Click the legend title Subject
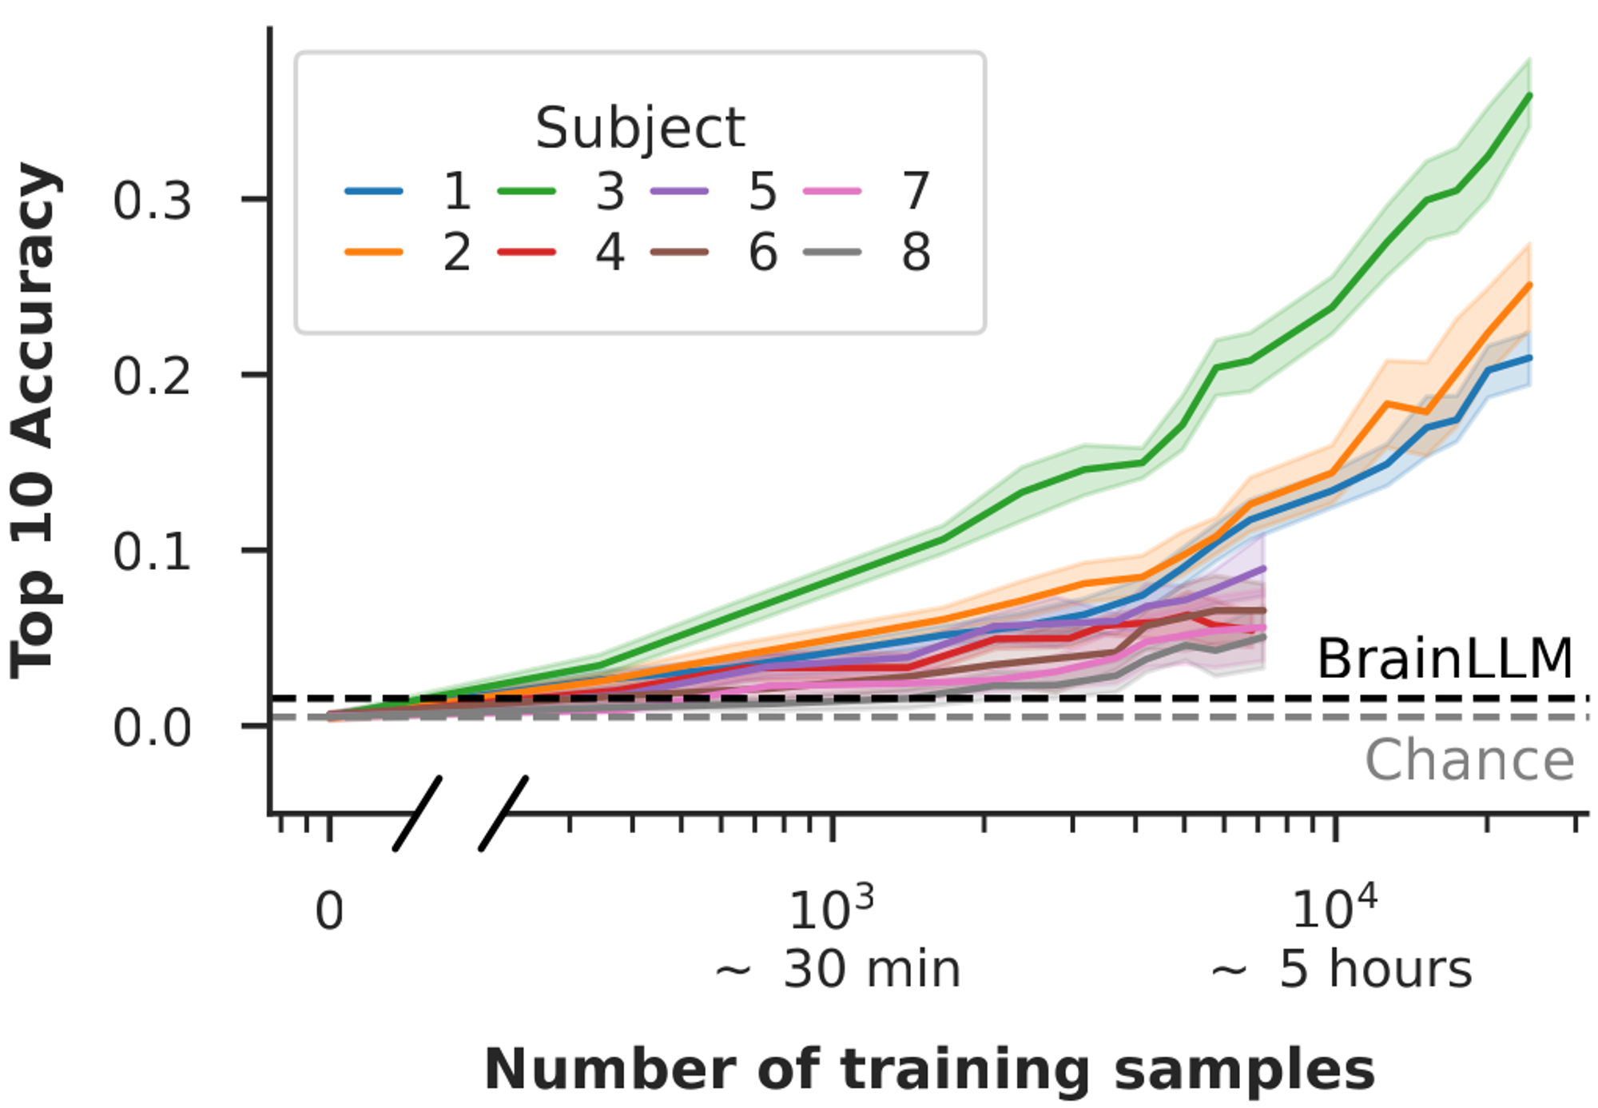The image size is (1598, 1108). pos(639,128)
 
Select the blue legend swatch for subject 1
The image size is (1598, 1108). pos(374,192)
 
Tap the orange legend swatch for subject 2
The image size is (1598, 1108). pos(374,253)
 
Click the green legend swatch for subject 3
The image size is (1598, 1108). pos(527,192)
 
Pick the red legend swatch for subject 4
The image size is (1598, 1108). pos(527,253)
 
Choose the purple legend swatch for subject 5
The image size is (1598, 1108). pos(679,192)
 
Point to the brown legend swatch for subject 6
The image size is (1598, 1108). pos(679,253)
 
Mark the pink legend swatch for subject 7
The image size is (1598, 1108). pos(832,192)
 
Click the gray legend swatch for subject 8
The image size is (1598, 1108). pos(832,253)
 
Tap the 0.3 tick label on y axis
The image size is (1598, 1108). pos(152,201)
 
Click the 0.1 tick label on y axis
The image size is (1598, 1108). pos(152,552)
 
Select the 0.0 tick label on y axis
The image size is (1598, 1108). pos(152,728)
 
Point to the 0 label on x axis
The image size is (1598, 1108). pos(329,911)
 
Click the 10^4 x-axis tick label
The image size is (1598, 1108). pos(1334,908)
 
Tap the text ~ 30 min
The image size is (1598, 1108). pos(837,970)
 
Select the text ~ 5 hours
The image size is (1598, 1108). pos(1341,970)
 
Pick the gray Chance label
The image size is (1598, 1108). pos(1469,760)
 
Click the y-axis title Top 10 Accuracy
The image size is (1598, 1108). pos(36,421)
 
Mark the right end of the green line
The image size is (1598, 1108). pos(1529,95)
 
